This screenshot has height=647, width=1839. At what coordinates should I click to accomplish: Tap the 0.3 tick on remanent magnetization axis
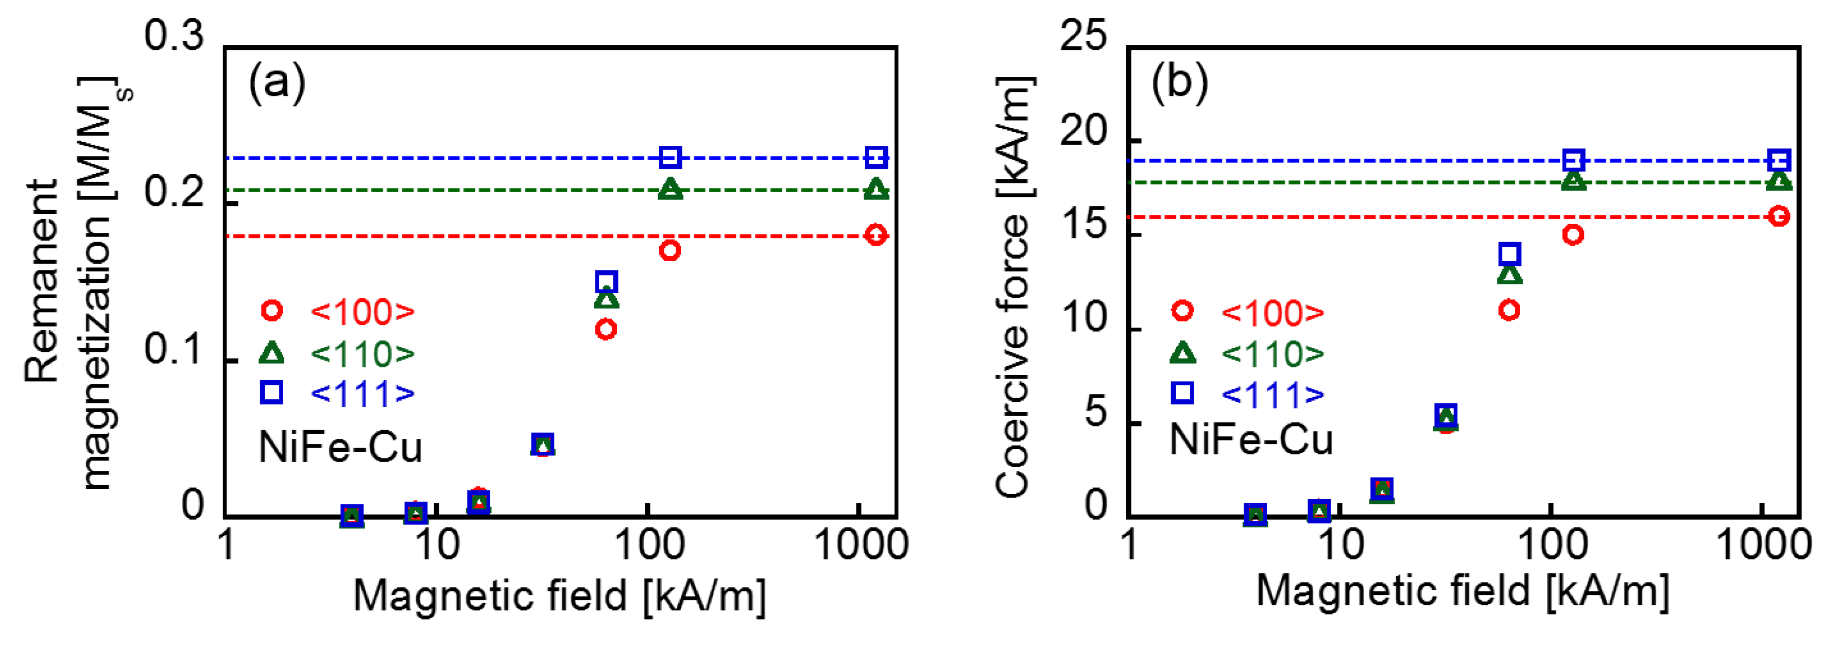tap(174, 36)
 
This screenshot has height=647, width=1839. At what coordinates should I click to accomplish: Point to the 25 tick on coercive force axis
tap(1083, 36)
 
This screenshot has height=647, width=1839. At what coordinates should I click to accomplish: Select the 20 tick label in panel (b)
tap(1083, 131)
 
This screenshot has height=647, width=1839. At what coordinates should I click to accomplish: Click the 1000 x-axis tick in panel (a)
tap(861, 546)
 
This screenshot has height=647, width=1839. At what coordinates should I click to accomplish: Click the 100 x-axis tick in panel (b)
tap(1551, 546)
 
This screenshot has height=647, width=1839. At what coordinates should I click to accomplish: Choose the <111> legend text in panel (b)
tap(1273, 394)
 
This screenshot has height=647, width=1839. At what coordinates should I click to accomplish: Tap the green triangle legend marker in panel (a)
tap(271, 353)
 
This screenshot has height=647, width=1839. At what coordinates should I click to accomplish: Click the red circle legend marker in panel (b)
tap(1182, 311)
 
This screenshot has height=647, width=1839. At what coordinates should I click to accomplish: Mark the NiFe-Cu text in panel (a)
tap(340, 448)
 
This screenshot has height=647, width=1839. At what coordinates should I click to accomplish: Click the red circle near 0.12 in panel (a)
tap(606, 329)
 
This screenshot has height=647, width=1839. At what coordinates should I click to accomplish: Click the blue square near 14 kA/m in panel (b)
tap(1509, 253)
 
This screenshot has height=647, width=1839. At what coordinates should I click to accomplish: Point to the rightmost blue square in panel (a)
tap(876, 158)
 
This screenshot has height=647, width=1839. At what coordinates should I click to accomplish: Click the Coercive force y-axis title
tap(1013, 286)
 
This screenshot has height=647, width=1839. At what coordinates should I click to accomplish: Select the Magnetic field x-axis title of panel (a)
tap(560, 595)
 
